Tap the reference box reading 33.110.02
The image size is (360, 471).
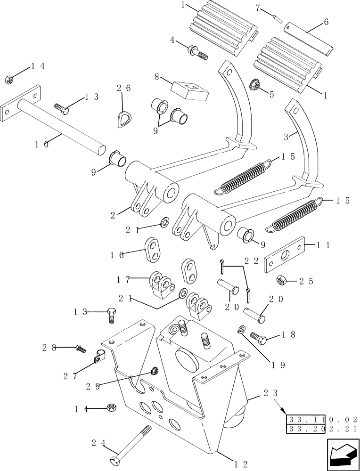pyautogui.click(x=322, y=419)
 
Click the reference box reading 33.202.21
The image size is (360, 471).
pyautogui.click(x=322, y=429)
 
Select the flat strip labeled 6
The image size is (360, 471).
pyautogui.click(x=309, y=41)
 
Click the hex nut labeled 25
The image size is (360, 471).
pyautogui.click(x=282, y=280)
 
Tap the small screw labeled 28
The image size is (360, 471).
pyautogui.click(x=81, y=349)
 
